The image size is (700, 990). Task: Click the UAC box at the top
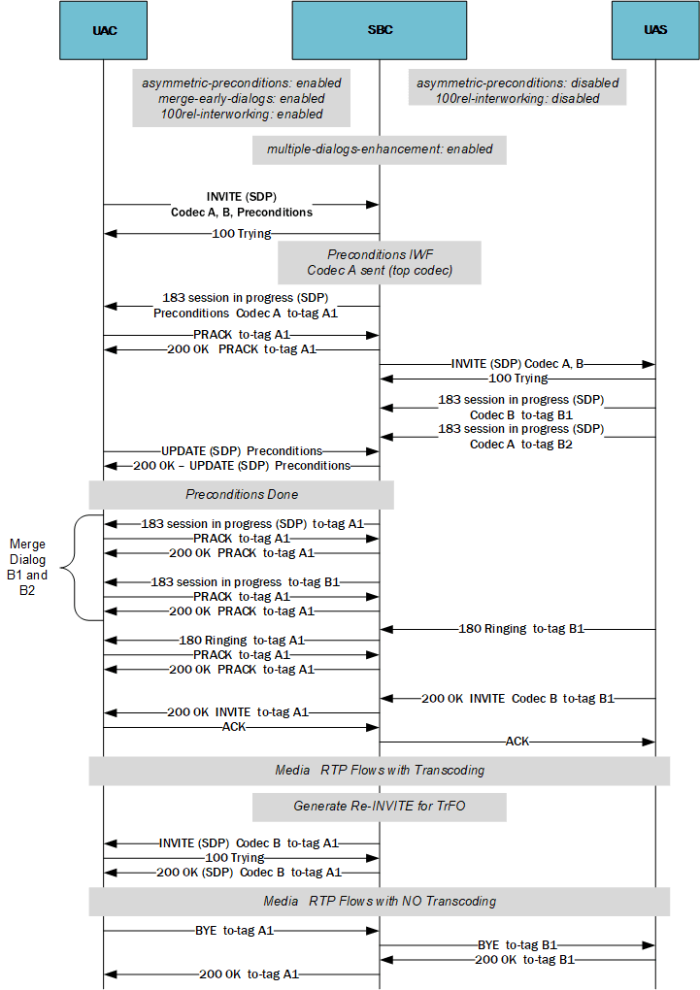coord(104,30)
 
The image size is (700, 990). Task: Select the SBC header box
coord(380,30)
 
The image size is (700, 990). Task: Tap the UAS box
coord(655,30)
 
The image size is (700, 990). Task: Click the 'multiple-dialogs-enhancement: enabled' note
coord(380,149)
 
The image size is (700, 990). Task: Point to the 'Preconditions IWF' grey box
coord(380,262)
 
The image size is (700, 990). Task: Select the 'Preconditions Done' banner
coord(242,494)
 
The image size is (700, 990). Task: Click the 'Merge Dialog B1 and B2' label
coord(27,567)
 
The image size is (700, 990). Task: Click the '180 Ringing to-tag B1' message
coord(521,629)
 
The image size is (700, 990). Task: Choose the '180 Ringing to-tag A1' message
coord(242,641)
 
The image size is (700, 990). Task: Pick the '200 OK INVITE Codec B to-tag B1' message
coord(517,698)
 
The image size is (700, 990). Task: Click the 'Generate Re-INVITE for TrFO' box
coord(380,807)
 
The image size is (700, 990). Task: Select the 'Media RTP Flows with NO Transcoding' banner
coord(380,901)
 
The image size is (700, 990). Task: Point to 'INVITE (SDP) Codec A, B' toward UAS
coord(517,364)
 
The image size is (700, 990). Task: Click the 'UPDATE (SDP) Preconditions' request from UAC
coord(242,451)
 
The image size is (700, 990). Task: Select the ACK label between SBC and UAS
coord(517,742)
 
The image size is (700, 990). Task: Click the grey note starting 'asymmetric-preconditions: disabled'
coord(517,91)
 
